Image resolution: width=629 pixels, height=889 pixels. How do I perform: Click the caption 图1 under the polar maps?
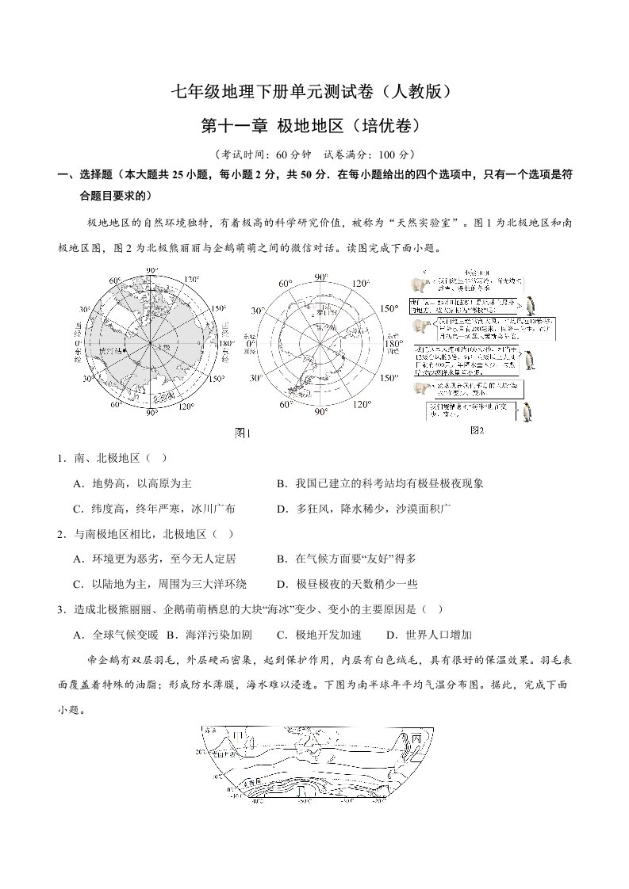tap(242, 433)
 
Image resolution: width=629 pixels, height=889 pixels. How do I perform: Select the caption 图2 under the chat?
tap(477, 429)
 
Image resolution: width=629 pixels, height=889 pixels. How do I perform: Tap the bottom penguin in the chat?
tap(527, 411)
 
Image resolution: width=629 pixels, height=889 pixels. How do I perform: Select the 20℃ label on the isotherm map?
tap(200, 751)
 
